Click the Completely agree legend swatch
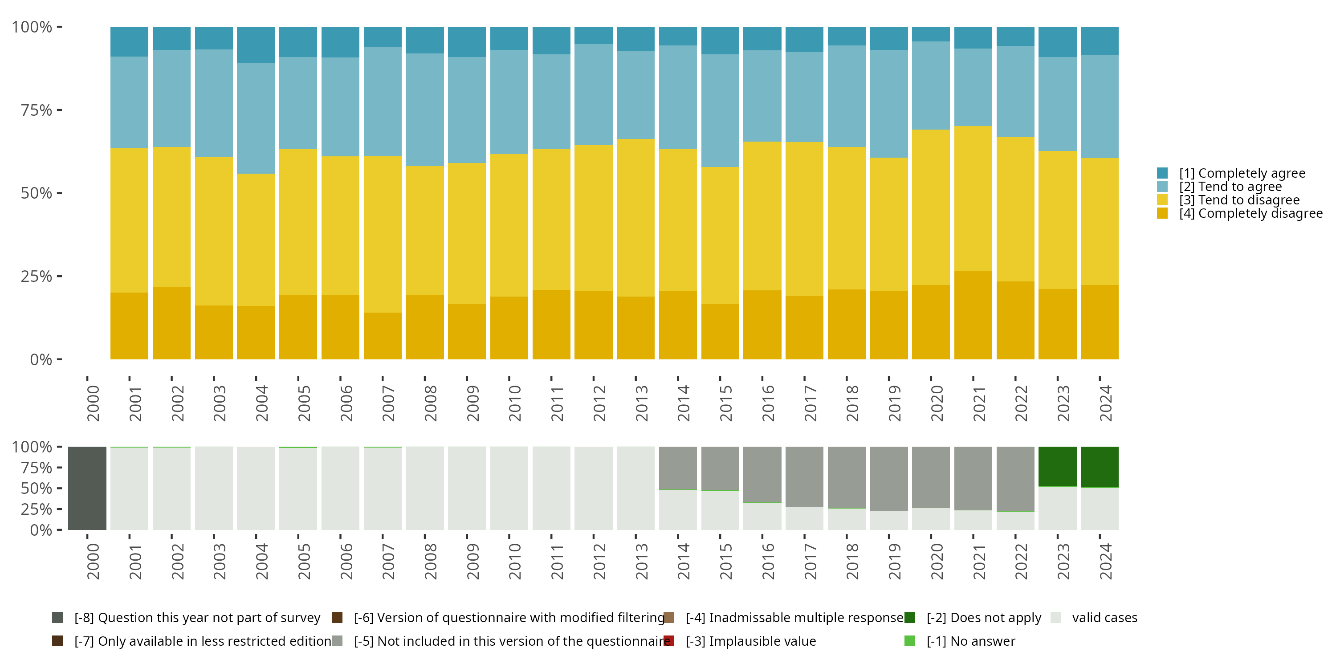point(1162,173)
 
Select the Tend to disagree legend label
point(1239,200)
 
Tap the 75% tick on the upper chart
point(37,110)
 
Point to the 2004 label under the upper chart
point(261,403)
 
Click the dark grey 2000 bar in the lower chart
point(87,488)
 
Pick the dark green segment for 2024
point(1100,466)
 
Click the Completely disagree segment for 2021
point(973,315)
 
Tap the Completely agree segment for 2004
point(256,45)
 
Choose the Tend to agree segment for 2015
point(720,110)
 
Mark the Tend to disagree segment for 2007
point(382,234)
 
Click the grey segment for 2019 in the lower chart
point(888,479)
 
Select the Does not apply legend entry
point(983,618)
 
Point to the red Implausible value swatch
point(669,641)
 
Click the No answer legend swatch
point(910,641)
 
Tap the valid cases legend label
point(1104,618)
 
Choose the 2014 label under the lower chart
point(683,561)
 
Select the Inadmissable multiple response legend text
point(794,618)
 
